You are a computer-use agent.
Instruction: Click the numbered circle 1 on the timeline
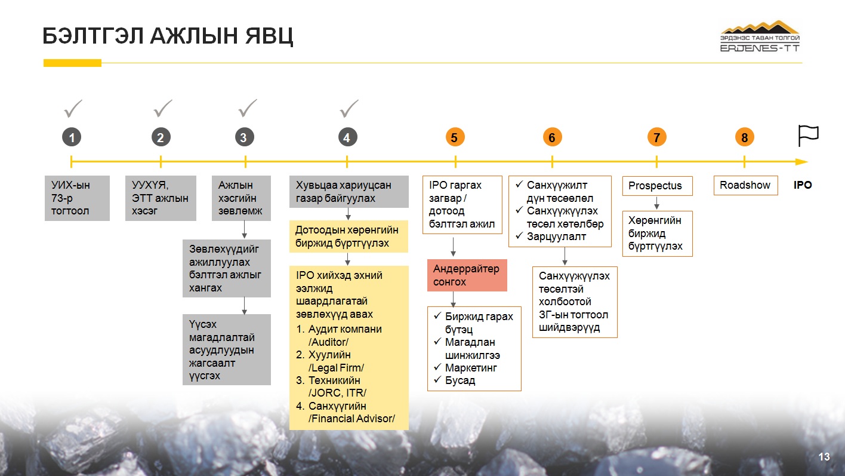click(x=72, y=137)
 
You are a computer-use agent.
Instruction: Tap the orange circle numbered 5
click(x=455, y=137)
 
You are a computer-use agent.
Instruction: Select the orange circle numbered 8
click(x=745, y=137)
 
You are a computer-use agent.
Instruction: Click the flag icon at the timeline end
click(x=808, y=136)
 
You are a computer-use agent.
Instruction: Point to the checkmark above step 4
click(x=349, y=108)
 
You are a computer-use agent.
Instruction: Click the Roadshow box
click(x=746, y=185)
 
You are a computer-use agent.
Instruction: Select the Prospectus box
click(x=658, y=186)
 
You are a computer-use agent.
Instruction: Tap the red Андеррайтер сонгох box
click(x=467, y=275)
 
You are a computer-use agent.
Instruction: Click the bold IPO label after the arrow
click(x=803, y=185)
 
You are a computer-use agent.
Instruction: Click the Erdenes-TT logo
click(x=760, y=36)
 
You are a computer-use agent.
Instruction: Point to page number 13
click(x=824, y=457)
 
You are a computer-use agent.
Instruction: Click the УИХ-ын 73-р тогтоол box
click(x=77, y=198)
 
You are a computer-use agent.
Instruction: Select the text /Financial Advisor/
click(x=351, y=419)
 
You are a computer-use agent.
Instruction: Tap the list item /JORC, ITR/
click(x=337, y=393)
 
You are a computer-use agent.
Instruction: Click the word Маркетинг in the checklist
click(x=471, y=368)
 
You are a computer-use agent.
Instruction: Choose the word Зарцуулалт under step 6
click(x=556, y=237)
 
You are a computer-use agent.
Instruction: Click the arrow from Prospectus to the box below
click(x=657, y=203)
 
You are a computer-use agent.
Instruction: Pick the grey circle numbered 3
click(x=245, y=137)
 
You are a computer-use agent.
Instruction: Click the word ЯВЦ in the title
click(x=269, y=36)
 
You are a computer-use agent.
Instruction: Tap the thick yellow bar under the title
click(x=72, y=63)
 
